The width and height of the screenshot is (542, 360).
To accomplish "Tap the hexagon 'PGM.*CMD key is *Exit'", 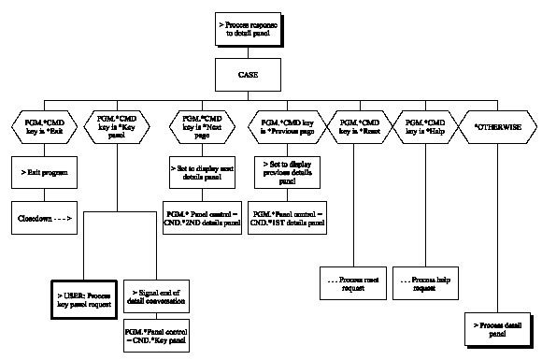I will (44, 126).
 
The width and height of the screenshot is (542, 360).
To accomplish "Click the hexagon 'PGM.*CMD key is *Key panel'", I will (114, 126).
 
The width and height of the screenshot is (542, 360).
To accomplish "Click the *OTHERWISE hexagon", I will (498, 125).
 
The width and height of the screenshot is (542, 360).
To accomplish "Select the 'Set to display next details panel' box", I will (198, 172).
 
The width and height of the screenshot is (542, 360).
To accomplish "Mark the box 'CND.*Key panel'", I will (156, 333).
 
